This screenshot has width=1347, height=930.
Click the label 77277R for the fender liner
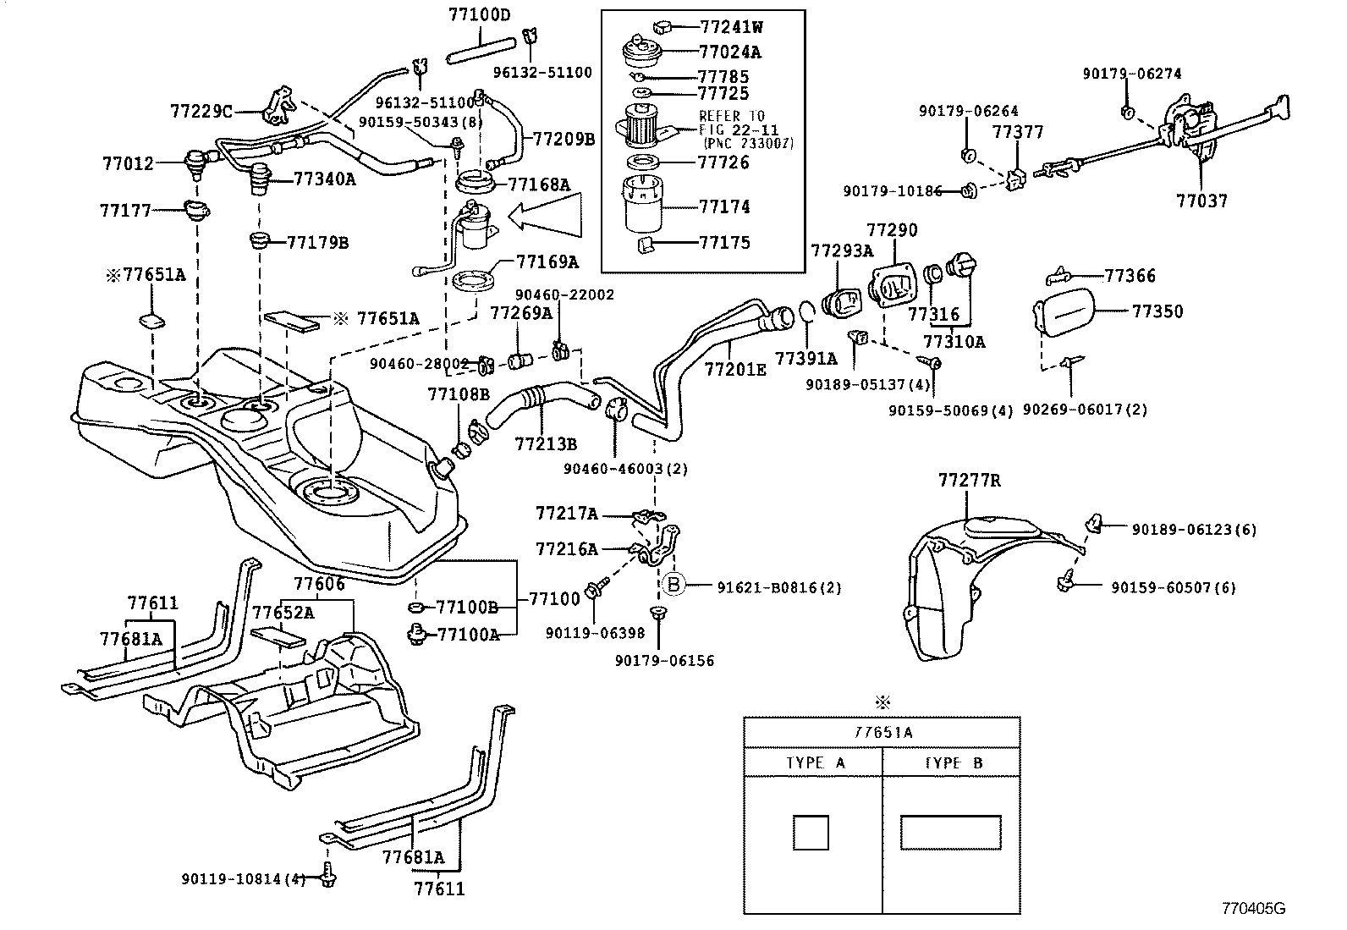coord(969,481)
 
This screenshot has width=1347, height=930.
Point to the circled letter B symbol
coord(673,586)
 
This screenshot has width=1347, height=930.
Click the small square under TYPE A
coord(810,833)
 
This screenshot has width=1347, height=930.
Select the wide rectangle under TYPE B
coord(950,833)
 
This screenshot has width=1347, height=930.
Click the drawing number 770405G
coord(1252,909)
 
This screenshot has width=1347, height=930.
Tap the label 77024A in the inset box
coord(730,52)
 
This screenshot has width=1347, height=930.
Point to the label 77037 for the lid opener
coord(1201,201)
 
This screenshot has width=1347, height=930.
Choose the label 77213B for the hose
coord(546,443)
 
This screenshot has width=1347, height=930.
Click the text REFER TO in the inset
coord(731,116)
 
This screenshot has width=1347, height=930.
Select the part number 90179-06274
coord(1132,74)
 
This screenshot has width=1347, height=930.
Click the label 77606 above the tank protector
coord(319,584)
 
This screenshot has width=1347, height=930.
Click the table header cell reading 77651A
coord(882,733)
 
